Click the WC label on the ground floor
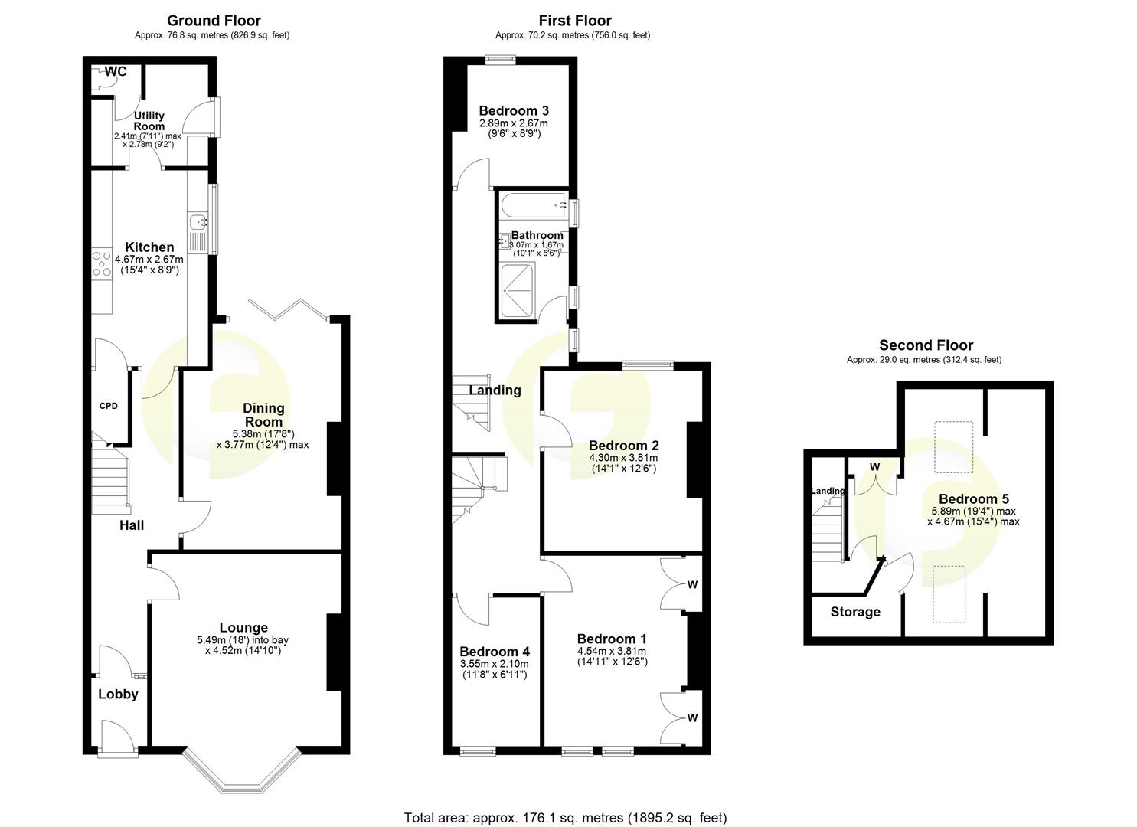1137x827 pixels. coord(116,72)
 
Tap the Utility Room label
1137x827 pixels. coord(149,121)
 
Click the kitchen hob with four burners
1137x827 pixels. coord(101,263)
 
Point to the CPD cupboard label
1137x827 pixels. coord(109,406)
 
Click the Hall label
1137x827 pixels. coord(131,525)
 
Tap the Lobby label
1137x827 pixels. coord(118,695)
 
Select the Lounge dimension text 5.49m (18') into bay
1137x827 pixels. coord(243,640)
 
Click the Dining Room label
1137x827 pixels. coord(263,414)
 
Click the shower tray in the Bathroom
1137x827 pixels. coord(521,291)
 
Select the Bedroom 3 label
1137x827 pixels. coord(513,111)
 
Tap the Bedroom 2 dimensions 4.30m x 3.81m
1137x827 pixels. coord(623,458)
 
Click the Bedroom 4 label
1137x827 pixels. coord(495,652)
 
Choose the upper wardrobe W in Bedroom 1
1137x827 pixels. coord(691,585)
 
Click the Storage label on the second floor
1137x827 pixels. coord(855,612)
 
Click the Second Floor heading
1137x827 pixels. coord(926,345)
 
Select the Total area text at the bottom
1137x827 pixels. coord(565,818)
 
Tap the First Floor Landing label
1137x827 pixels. coord(495,391)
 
